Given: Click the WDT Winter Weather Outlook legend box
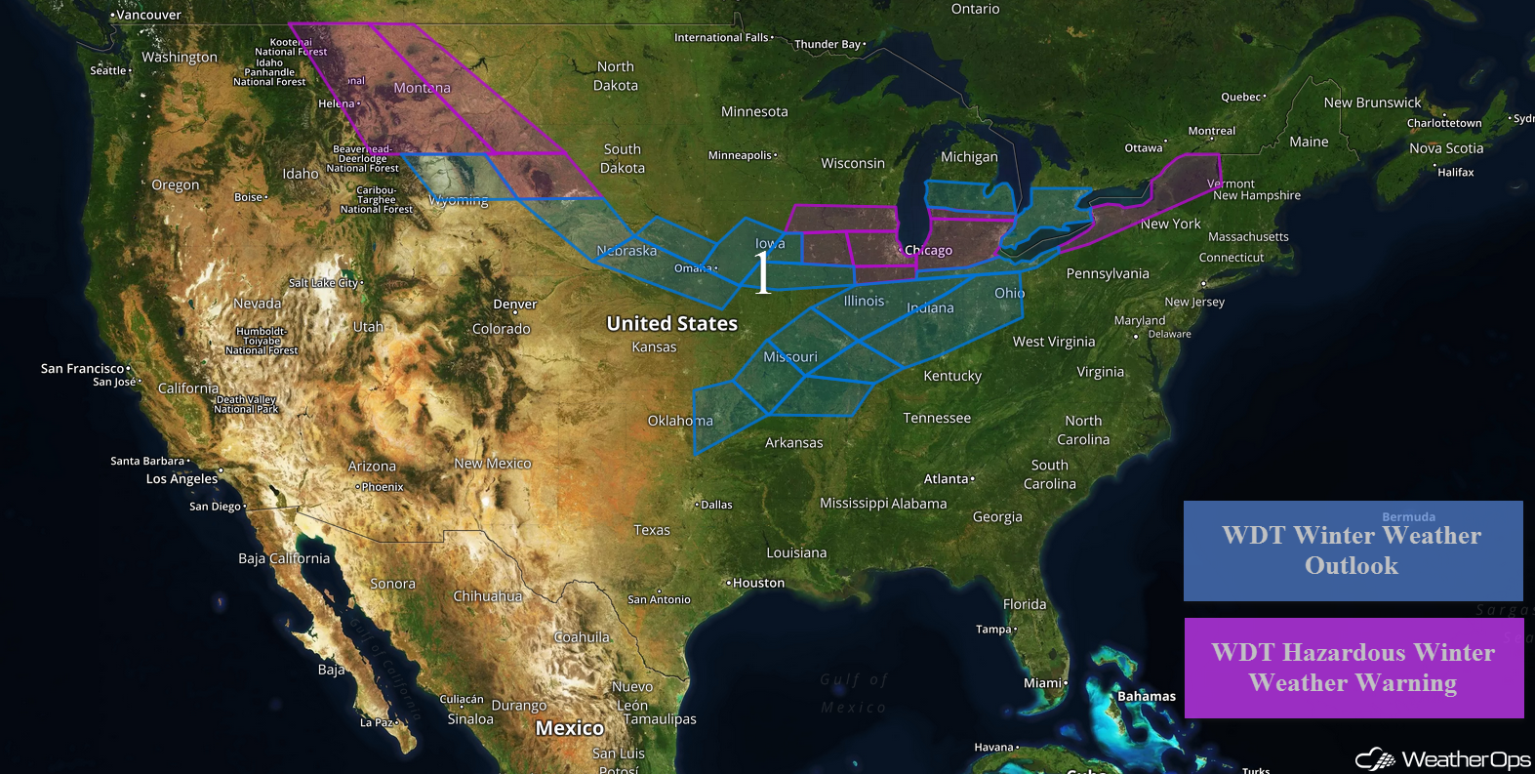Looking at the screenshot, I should [1353, 550].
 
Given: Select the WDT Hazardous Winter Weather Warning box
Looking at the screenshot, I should [1353, 668].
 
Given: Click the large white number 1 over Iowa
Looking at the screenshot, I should [762, 272].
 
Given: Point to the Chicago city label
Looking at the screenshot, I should [928, 251].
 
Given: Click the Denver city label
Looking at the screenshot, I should [515, 305].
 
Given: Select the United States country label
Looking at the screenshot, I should [671, 323].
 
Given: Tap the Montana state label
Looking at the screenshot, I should [422, 88].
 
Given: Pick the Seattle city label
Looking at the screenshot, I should [108, 70].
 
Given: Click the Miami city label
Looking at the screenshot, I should [1042, 683].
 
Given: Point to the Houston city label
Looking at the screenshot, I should [758, 583].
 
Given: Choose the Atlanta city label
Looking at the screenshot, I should [947, 479].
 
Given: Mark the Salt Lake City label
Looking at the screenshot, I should [324, 283].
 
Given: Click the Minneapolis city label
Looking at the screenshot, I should [741, 155].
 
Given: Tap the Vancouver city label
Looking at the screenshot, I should [148, 15].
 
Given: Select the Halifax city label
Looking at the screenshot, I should [1455, 172].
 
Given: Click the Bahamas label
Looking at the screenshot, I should [1147, 696].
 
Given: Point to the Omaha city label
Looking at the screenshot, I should [693, 268].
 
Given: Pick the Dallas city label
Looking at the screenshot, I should [716, 505].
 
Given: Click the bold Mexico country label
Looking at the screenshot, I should [570, 728].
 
